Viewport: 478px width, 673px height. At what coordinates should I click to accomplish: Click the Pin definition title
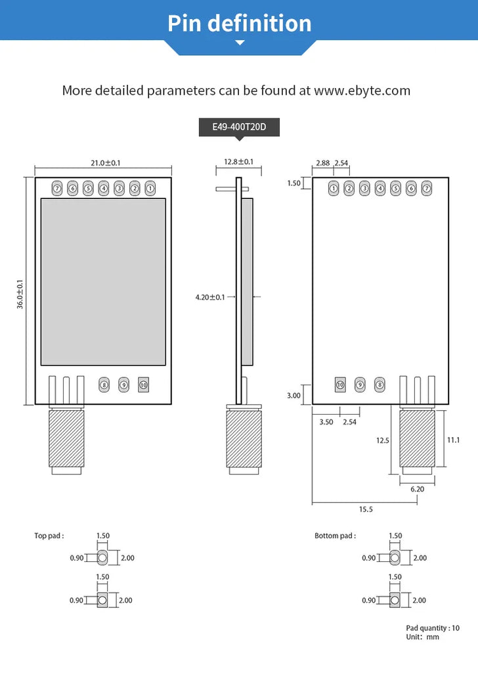(x=239, y=23)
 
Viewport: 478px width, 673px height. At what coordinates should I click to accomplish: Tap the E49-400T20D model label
(x=239, y=127)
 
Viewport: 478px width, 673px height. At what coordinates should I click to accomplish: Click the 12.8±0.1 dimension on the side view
(x=238, y=162)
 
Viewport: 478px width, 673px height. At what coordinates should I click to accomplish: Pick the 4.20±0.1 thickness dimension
(x=209, y=297)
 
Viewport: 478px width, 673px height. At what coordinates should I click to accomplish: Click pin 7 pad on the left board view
(x=57, y=189)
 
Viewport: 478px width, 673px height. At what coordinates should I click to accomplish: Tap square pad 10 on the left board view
(x=144, y=385)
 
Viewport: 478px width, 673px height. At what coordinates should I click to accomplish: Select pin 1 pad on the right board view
(x=334, y=189)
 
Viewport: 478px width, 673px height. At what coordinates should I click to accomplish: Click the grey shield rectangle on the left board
(x=103, y=282)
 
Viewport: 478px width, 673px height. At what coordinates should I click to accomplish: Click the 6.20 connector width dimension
(x=417, y=489)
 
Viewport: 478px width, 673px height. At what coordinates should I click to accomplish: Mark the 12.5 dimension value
(x=383, y=440)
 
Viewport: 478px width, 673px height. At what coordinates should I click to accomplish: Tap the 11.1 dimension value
(x=453, y=440)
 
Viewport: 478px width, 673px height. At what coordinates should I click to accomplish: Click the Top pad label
(x=49, y=536)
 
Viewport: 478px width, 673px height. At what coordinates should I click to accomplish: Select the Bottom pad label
(x=335, y=536)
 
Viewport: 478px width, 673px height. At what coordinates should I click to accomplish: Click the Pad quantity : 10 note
(x=433, y=628)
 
